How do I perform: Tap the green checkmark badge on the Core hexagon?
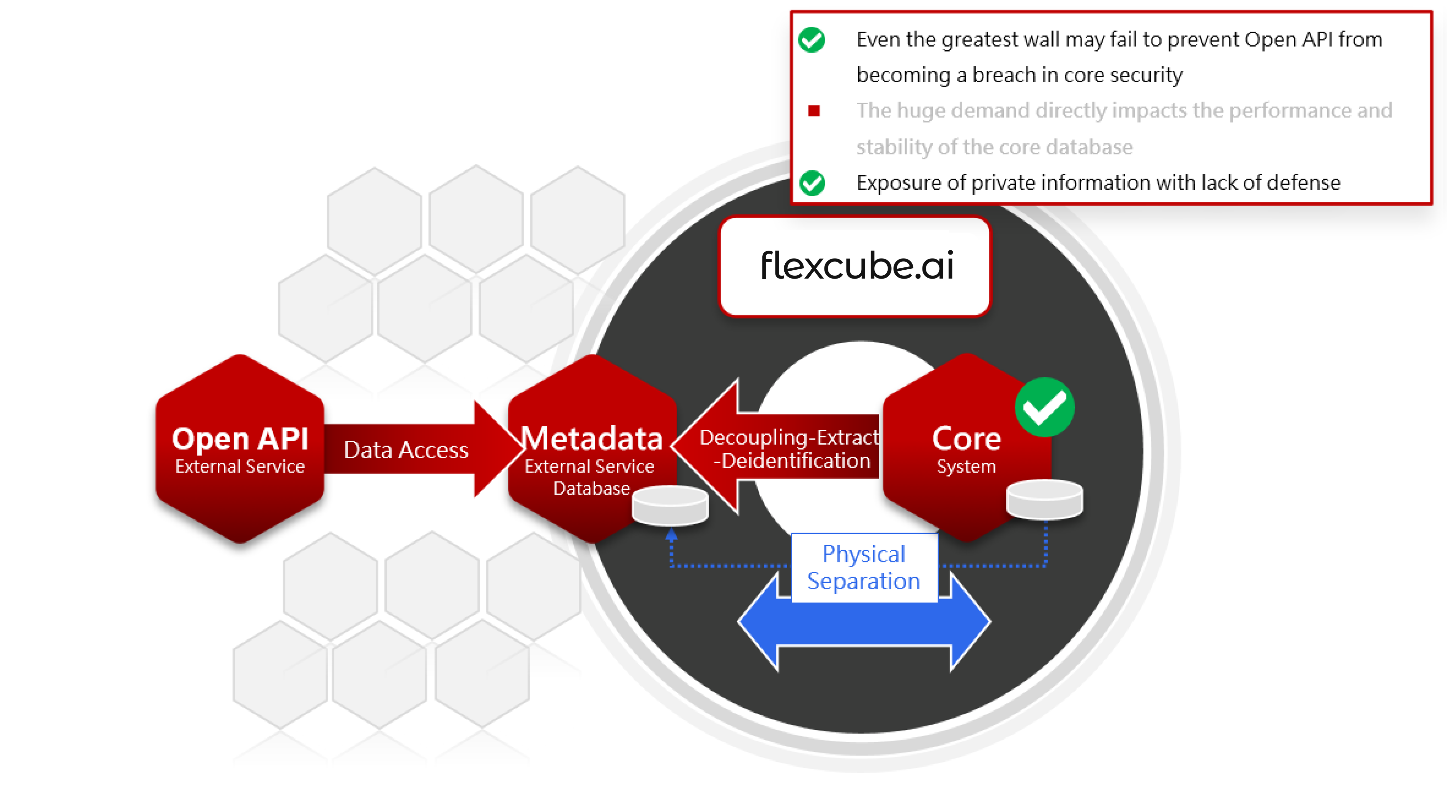click(x=1044, y=407)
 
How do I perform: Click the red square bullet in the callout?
click(x=813, y=111)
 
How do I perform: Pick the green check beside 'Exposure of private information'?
click(x=812, y=183)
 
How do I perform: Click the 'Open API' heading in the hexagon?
click(x=240, y=438)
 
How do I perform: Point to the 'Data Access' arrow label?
click(x=405, y=450)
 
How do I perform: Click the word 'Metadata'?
click(x=592, y=438)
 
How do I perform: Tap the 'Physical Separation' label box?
click(x=864, y=568)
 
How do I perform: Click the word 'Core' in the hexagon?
click(x=966, y=438)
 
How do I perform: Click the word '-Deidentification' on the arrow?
click(x=792, y=461)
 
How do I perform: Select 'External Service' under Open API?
click(x=240, y=466)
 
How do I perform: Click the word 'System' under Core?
click(x=966, y=466)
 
